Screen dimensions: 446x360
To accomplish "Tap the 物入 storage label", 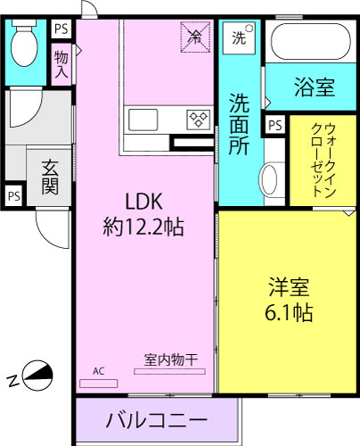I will pos(61,64).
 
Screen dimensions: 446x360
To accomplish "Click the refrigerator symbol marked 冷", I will pos(194,37).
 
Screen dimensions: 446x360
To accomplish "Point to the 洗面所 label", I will pos(238,124).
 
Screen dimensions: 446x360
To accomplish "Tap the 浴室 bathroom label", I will pos(314,87).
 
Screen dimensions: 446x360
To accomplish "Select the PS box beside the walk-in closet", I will pos(274,125).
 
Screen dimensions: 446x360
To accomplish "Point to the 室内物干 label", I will pos(171,359).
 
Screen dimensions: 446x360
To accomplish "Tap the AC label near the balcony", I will pos(98,370).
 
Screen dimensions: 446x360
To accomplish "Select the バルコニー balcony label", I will pos(157,419).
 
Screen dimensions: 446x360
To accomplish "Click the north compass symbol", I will pos(34,376).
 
